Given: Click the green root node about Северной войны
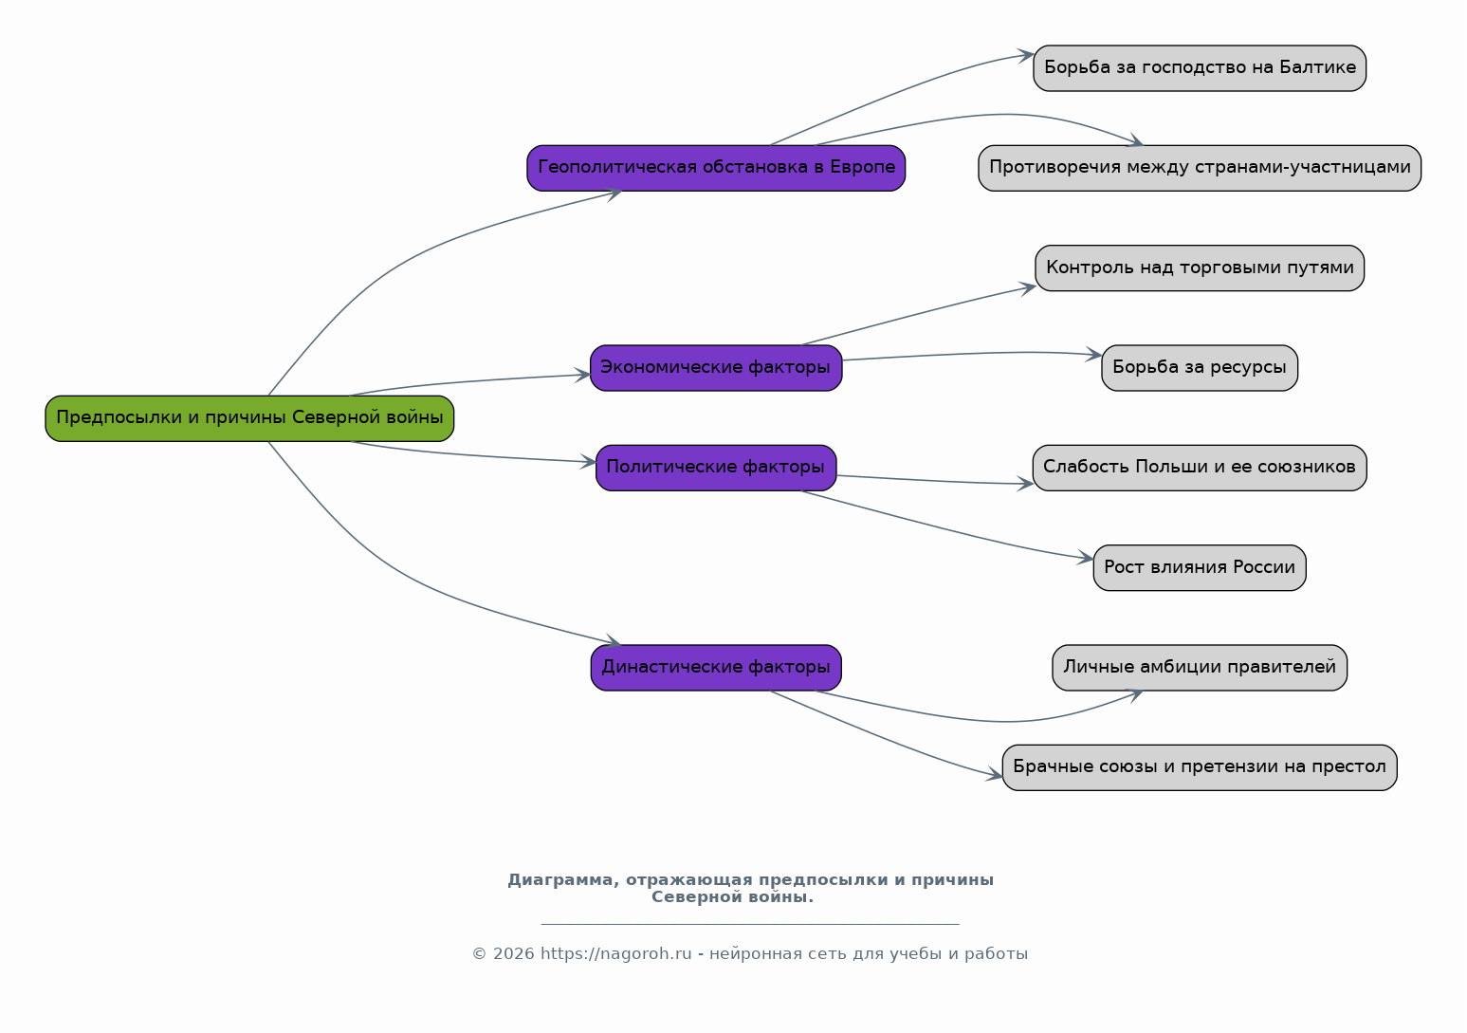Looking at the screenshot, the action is pyautogui.click(x=249, y=418).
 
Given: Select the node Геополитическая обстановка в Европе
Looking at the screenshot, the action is pyautogui.click(x=716, y=168).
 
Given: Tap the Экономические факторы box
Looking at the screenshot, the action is pyautogui.click(x=716, y=368).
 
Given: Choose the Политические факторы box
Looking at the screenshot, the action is pyautogui.click(x=716, y=468).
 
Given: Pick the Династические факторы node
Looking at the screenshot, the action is pyautogui.click(x=716, y=668).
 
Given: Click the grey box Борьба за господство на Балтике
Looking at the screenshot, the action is pyautogui.click(x=1200, y=68).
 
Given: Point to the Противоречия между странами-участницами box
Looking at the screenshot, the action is pyautogui.click(x=1200, y=168).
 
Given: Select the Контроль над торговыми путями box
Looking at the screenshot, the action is pyautogui.click(x=1200, y=267).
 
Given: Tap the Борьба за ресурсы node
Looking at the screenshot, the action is pyautogui.click(x=1200, y=368).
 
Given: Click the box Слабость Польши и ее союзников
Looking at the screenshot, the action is pyautogui.click(x=1200, y=468).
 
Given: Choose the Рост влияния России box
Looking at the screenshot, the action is pyautogui.click(x=1200, y=568).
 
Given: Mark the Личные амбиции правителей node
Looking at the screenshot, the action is pyautogui.click(x=1200, y=668).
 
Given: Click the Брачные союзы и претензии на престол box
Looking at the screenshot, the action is pyautogui.click(x=1200, y=767).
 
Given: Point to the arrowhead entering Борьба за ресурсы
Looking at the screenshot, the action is pyautogui.click(x=1094, y=355).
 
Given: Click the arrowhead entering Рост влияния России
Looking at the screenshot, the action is pyautogui.click(x=1086, y=559).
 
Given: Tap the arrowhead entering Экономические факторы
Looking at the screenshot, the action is pyautogui.click(x=582, y=376).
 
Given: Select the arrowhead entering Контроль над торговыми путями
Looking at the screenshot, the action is pyautogui.click(x=1028, y=287).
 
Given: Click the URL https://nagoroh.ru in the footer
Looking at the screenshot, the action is pyautogui.click(x=615, y=953).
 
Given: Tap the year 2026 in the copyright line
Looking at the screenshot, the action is pyautogui.click(x=513, y=953).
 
